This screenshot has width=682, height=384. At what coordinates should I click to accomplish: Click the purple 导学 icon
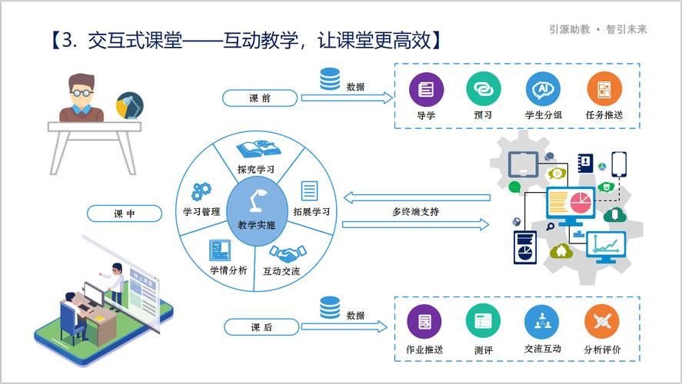click(x=425, y=90)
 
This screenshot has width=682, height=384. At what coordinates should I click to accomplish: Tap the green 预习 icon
click(x=483, y=90)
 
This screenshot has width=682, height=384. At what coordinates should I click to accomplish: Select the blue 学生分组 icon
click(x=543, y=90)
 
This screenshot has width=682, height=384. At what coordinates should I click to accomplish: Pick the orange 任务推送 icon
click(x=604, y=90)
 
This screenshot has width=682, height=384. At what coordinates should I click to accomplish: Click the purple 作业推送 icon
click(x=424, y=322)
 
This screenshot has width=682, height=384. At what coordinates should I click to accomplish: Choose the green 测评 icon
click(x=483, y=322)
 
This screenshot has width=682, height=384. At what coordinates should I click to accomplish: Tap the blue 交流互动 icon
click(x=542, y=322)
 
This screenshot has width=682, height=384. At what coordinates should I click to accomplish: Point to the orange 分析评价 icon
click(x=602, y=322)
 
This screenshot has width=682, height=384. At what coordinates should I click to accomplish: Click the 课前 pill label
click(x=260, y=98)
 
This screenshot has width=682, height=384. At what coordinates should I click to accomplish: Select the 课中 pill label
click(x=124, y=214)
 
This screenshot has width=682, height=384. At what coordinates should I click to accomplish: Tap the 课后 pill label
click(x=261, y=328)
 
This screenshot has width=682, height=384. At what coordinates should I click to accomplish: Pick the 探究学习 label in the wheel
click(x=256, y=169)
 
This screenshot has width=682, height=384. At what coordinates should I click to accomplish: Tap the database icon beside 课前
click(x=330, y=79)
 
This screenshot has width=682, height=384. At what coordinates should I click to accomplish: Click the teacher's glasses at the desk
click(x=81, y=94)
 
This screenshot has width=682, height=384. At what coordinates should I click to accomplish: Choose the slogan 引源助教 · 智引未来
click(x=598, y=29)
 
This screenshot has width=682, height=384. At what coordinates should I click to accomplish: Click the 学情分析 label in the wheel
click(x=228, y=270)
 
